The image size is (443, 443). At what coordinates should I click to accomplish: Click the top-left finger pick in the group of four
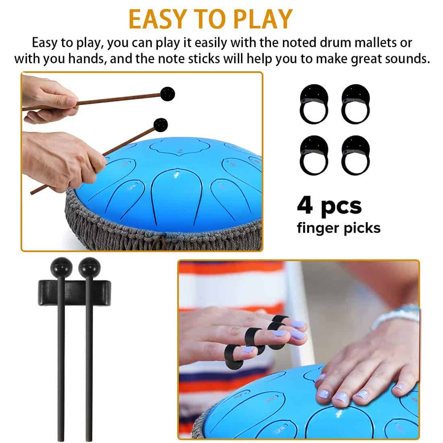coord(314,104)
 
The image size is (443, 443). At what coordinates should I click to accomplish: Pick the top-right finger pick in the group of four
coord(356,104)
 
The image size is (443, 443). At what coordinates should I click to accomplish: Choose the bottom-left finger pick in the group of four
coord(314,155)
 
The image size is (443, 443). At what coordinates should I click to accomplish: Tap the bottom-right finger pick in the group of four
coord(356,155)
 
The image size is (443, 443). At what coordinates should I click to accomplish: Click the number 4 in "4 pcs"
coord(305,205)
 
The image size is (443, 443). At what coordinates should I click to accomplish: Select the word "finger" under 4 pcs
coord(318,228)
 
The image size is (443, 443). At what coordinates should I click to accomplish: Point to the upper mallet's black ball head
coord(168,94)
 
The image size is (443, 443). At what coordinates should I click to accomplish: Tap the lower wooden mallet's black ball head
coord(161,125)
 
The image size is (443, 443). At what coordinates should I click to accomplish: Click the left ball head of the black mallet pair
coord(61,267)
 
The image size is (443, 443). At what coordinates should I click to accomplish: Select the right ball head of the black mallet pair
coord(89,267)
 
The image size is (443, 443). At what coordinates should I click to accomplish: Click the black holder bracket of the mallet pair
coord(75,293)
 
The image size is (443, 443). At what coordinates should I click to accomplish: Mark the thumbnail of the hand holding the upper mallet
coord(70,101)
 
